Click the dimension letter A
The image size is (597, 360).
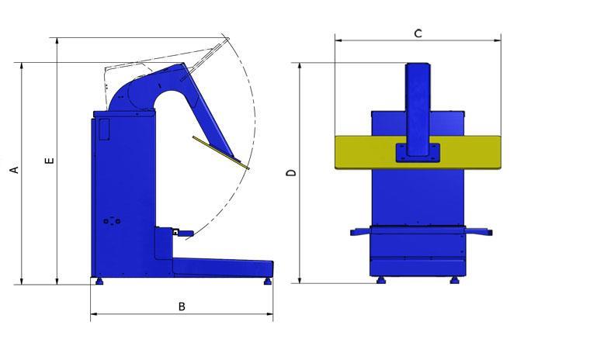point(14,170)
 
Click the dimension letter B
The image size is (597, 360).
point(182,306)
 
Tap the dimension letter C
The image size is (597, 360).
point(418,33)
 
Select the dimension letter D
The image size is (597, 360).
point(291,173)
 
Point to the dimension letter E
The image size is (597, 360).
point(50,161)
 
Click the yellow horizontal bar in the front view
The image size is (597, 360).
point(418,152)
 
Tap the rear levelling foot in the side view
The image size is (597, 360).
point(99,281)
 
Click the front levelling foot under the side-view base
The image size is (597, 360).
point(268,281)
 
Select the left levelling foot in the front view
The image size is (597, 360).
point(380,280)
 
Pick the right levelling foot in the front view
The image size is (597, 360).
point(454,280)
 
